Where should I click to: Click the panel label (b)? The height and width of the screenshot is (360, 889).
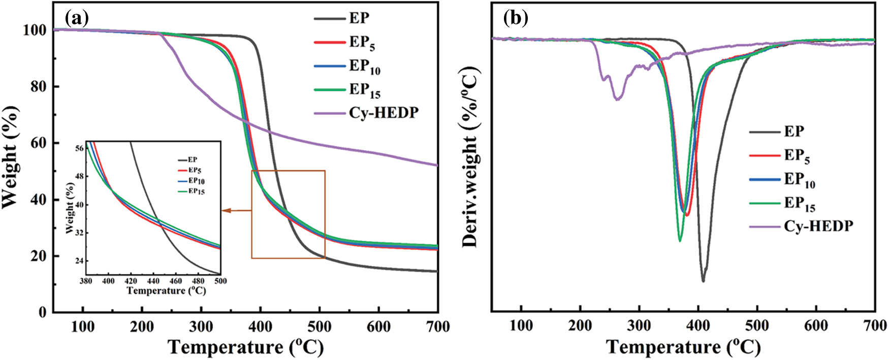click(x=515, y=19)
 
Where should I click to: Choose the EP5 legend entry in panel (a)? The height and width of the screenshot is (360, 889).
click(x=362, y=42)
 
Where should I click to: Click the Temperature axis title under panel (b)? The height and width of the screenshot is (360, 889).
click(x=683, y=347)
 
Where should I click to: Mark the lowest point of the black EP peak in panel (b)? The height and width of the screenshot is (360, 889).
click(x=703, y=281)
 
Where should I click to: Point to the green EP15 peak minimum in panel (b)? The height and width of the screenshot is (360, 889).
click(x=680, y=241)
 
